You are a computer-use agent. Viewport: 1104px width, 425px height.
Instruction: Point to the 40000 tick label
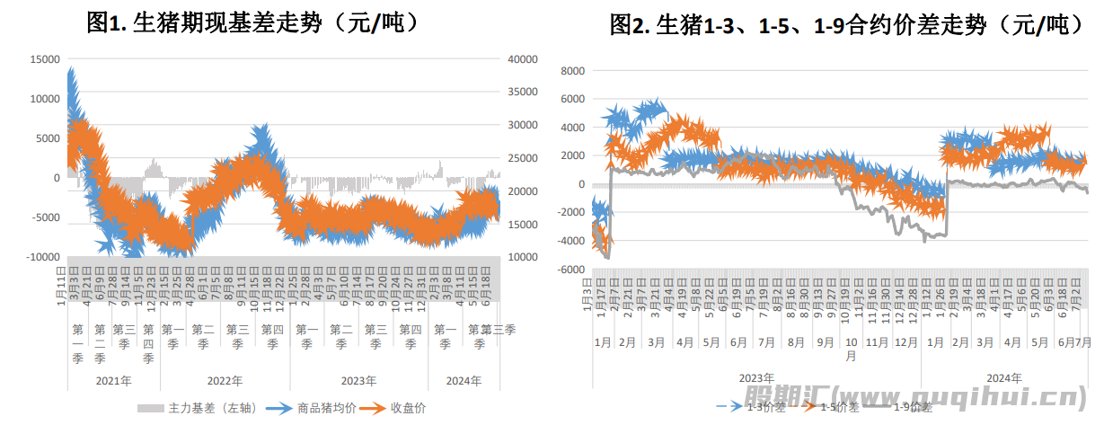point(522,59)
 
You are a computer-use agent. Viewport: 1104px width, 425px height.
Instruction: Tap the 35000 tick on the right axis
point(522,93)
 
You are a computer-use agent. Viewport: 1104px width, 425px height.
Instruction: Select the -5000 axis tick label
point(45,217)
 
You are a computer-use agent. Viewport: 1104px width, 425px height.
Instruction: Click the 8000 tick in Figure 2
point(571,70)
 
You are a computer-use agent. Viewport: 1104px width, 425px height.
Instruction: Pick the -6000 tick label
point(570,270)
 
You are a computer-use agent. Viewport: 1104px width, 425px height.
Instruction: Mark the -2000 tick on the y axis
point(570,213)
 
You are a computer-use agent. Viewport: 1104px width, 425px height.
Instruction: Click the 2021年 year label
point(113,380)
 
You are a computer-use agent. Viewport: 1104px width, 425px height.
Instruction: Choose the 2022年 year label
point(223,380)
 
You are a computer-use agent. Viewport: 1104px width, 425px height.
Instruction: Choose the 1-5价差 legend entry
point(841,407)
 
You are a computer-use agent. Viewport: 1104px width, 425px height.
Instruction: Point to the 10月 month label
point(851,349)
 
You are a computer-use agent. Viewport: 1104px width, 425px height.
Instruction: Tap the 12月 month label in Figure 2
point(908,343)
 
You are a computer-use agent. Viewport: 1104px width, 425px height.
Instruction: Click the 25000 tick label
point(522,158)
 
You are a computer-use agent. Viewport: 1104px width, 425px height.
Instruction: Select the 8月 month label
point(796,343)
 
